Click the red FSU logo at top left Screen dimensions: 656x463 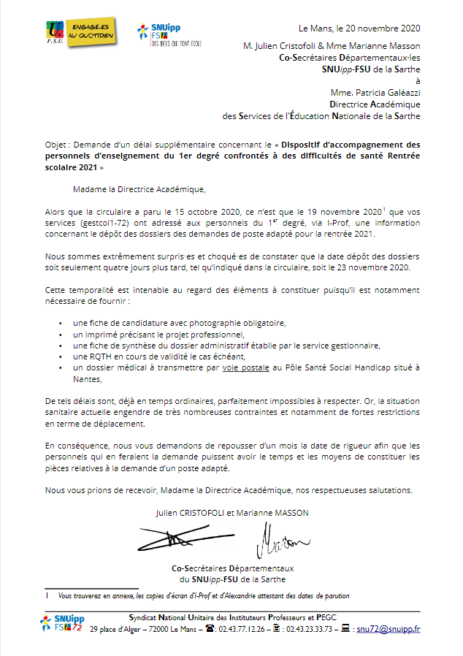click(55, 31)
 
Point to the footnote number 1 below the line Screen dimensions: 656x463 click(47, 595)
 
